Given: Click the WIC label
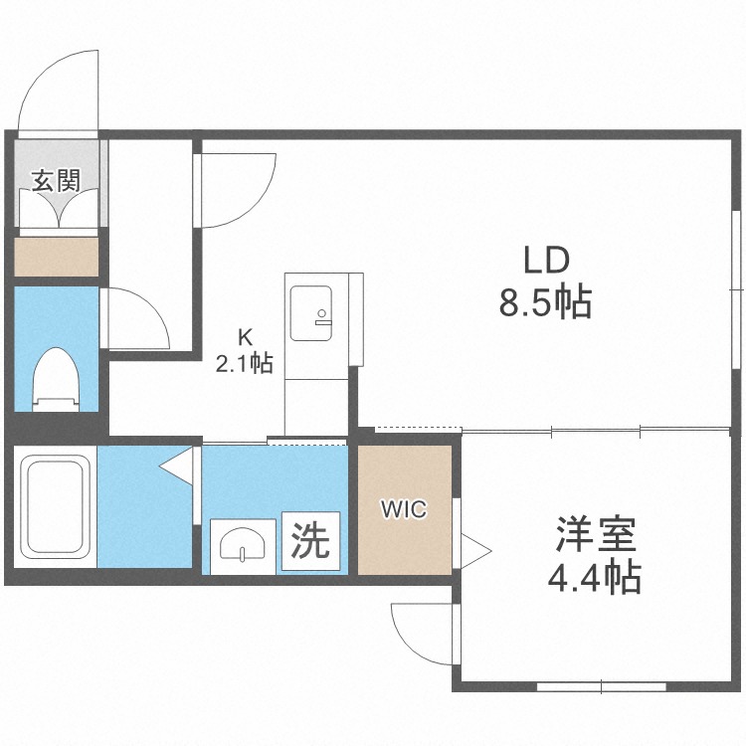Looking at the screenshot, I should click(405, 510).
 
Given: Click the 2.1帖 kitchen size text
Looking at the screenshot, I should click(246, 364).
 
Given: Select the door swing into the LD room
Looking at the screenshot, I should click(237, 189).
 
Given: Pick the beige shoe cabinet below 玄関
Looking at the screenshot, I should click(56, 257).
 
